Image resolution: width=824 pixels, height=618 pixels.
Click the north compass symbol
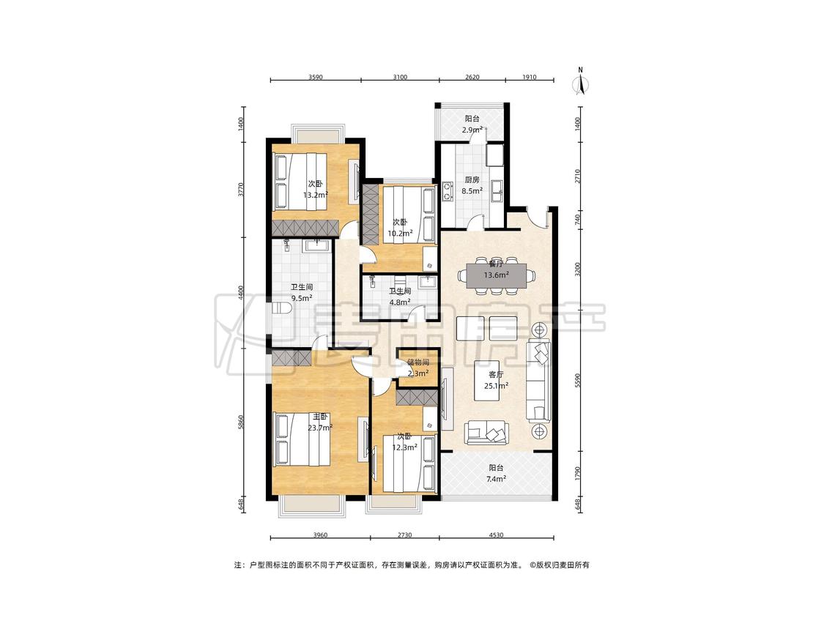(x=581, y=82)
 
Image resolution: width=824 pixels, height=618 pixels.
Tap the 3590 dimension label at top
(x=315, y=77)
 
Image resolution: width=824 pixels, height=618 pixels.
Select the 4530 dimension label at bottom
(x=496, y=535)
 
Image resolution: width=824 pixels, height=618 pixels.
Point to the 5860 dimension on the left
(x=241, y=422)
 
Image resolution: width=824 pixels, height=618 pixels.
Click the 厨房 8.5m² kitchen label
(x=472, y=185)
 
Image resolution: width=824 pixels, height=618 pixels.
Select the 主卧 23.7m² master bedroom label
(x=320, y=422)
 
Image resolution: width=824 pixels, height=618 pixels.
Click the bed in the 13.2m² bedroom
(x=300, y=182)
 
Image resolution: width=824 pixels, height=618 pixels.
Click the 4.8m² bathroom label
(x=400, y=297)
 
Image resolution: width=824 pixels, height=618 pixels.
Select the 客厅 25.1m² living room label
(x=496, y=380)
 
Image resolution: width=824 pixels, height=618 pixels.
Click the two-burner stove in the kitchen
(x=448, y=191)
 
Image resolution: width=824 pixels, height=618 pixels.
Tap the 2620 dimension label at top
(x=472, y=77)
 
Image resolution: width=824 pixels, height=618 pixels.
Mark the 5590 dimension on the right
(x=579, y=381)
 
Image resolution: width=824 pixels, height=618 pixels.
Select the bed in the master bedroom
(x=302, y=439)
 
